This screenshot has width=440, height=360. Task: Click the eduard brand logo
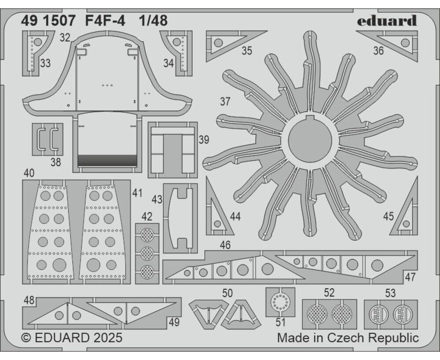coord(387,21)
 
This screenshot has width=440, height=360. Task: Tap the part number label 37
coord(225,102)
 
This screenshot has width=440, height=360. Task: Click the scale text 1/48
coord(154,21)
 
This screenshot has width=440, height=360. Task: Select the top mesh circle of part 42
coord(147,235)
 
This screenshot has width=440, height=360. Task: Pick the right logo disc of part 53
coord(403,314)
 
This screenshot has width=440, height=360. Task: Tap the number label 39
coord(204,139)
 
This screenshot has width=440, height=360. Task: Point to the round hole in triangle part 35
coord(218,43)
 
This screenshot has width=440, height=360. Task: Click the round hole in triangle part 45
coord(406,224)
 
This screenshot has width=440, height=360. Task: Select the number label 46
coord(225,245)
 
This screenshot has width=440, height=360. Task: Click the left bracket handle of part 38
coord(40,138)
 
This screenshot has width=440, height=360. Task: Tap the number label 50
coord(227,293)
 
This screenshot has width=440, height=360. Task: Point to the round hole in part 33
coord(38,42)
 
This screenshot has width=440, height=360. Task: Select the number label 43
coord(157,200)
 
